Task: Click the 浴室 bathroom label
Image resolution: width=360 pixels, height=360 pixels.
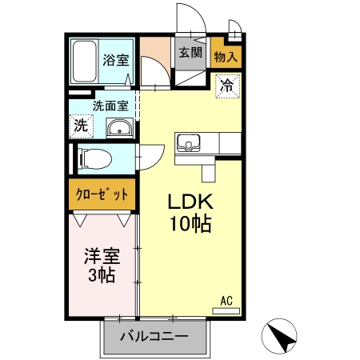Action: click(x=115, y=58)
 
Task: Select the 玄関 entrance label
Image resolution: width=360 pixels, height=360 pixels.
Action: click(x=190, y=53)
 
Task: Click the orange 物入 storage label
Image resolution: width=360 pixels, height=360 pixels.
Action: click(x=226, y=55)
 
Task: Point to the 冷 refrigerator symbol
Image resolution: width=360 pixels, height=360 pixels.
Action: click(x=226, y=85)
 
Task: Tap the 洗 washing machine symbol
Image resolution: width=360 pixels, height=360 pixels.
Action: click(x=81, y=125)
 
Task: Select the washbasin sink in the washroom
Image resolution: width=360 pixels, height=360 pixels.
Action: click(x=120, y=127)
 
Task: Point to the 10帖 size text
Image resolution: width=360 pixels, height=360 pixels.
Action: click(x=190, y=225)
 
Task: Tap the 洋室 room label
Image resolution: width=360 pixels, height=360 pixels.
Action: click(x=102, y=257)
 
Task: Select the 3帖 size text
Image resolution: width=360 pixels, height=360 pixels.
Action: click(x=102, y=277)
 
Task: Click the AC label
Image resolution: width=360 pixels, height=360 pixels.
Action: click(x=226, y=301)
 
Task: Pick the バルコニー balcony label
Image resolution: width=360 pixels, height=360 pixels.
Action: click(x=154, y=336)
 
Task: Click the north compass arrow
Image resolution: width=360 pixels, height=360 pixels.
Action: click(x=281, y=336)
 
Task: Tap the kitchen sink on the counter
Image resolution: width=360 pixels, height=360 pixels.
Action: click(x=189, y=143)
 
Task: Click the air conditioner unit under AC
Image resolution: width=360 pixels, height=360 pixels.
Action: click(x=226, y=310)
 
